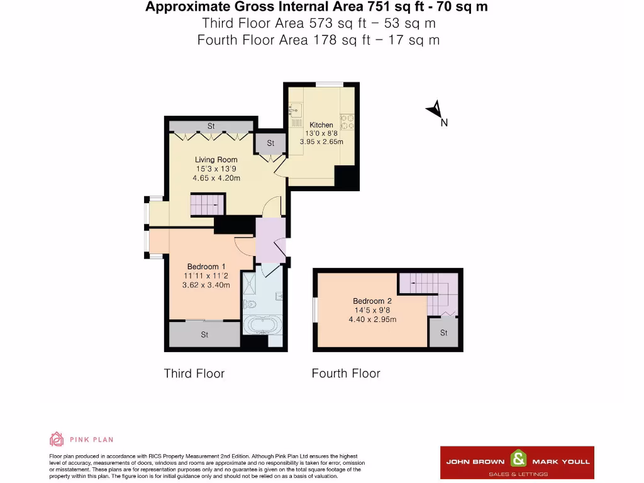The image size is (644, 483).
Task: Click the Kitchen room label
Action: pos(321,125)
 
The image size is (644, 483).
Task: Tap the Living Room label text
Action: pos(216,160)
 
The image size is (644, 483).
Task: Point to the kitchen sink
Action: pos(294,110)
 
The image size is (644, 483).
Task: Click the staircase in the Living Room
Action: pos(207,204)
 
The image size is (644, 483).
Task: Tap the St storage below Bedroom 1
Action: pos(204,335)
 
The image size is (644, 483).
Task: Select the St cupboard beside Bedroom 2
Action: pos(444,333)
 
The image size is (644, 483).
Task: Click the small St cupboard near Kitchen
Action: pos(270,143)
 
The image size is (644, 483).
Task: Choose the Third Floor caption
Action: pos(194,374)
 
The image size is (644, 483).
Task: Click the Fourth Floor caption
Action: pos(346,374)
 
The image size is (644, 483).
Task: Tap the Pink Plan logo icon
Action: pos(57,439)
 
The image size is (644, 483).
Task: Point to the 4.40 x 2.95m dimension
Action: pos(372,319)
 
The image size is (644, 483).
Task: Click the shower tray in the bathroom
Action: pos(251,284)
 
